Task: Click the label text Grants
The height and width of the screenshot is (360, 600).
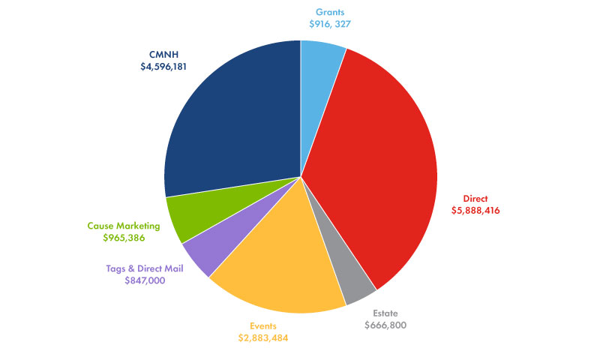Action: click(330, 13)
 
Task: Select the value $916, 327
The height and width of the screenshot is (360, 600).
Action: click(330, 25)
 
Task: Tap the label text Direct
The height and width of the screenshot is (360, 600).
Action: click(475, 199)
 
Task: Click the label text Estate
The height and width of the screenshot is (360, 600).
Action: click(387, 313)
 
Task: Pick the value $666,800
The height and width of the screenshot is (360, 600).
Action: click(386, 325)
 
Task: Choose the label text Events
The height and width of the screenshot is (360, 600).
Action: click(265, 326)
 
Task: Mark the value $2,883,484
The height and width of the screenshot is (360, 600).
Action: click(264, 338)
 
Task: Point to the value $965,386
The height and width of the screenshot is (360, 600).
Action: click(124, 238)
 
